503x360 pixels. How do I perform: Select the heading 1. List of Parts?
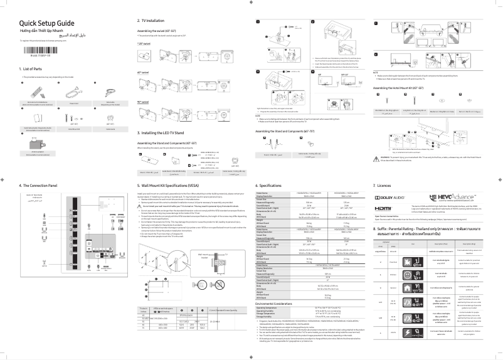click(34, 68)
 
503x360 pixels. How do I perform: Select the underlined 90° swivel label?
click(144, 101)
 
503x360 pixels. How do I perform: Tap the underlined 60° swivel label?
click(144, 73)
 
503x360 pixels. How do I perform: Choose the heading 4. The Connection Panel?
click(38, 186)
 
